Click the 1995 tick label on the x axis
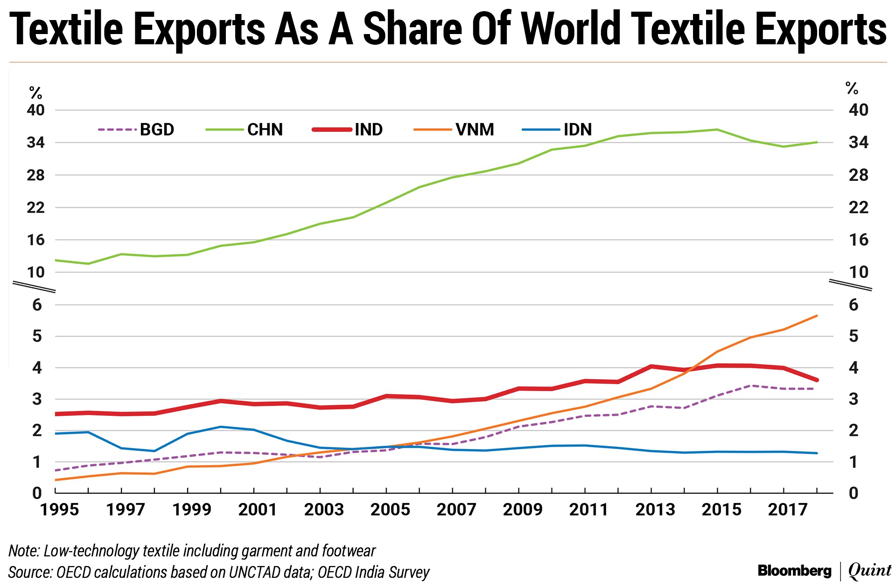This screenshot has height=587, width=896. point(59,510)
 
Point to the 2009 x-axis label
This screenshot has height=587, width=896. point(522,510)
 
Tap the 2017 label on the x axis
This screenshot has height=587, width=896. point(787,510)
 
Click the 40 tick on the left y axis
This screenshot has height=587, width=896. point(35,110)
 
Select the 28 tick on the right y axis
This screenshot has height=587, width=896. point(858,175)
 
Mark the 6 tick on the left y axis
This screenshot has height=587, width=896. point(37,305)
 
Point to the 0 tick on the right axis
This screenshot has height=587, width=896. point(854,493)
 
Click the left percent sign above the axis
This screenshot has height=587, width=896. point(35,93)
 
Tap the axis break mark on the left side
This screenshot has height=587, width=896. point(34,287)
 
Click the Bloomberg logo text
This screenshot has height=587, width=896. point(794,571)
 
